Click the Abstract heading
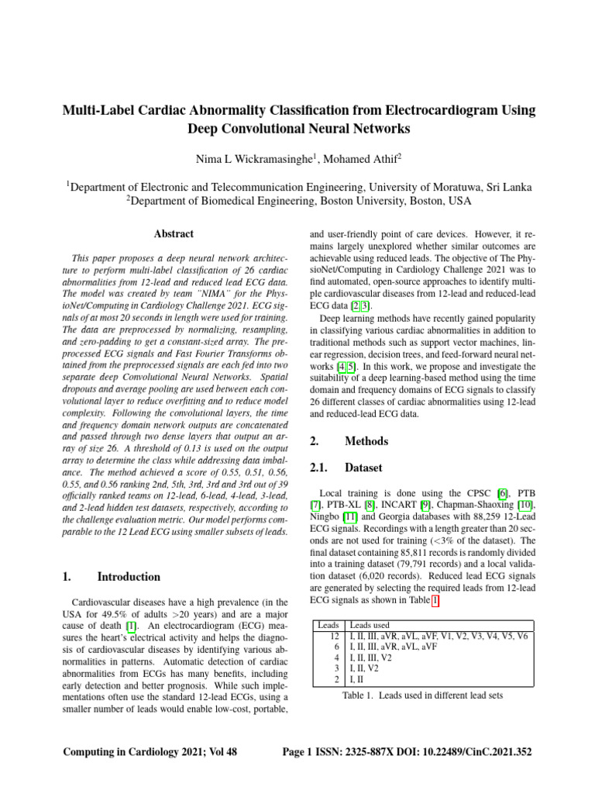[174, 233]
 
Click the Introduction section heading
[129, 576]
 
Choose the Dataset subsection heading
[362, 468]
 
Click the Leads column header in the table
[328, 625]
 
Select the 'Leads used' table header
[370, 625]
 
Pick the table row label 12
[335, 636]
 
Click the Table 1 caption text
[422, 696]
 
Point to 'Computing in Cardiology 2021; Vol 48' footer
[150, 752]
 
